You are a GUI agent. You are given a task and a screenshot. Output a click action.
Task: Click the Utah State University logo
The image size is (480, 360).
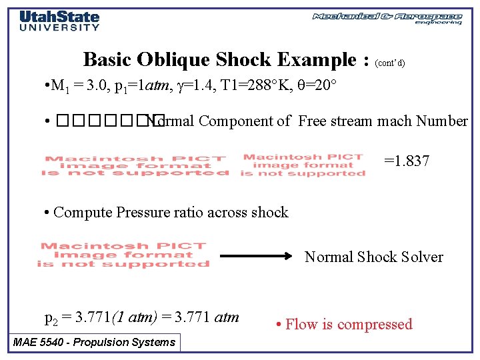tap(59, 21)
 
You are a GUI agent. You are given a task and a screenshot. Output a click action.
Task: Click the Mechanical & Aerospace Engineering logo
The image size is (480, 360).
tap(387, 18)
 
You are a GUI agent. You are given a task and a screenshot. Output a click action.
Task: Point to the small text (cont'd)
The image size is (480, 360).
tap(390, 63)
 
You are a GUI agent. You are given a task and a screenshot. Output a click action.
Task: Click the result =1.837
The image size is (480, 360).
tap(407, 161)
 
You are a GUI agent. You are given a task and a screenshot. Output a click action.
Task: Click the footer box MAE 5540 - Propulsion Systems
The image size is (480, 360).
tap(95, 343)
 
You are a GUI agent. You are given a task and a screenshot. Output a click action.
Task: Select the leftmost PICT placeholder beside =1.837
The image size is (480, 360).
tap(135, 166)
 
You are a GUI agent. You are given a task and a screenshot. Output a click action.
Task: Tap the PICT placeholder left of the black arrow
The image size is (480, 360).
tap(123, 255)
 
